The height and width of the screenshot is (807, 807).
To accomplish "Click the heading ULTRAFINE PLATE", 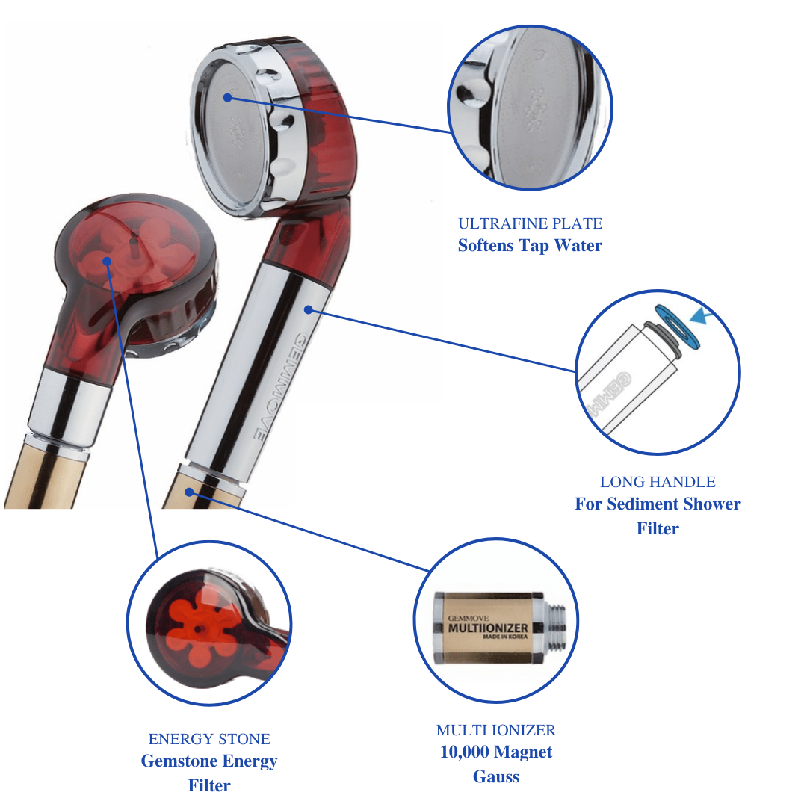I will (530, 223).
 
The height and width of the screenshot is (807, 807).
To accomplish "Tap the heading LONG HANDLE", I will (658, 482).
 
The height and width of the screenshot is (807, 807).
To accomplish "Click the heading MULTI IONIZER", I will (496, 730).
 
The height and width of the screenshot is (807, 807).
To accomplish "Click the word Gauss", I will (496, 777).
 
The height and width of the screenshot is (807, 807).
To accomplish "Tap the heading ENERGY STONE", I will (209, 739).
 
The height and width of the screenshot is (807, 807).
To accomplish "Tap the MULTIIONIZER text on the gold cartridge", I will (488, 628).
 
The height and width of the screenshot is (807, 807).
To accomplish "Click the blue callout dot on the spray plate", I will (227, 97).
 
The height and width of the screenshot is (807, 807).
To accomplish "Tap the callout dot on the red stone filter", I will (108, 261).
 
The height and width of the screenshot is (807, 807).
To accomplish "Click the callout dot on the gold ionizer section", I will (191, 491).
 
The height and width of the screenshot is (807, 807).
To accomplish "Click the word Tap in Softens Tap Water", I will (534, 246).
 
